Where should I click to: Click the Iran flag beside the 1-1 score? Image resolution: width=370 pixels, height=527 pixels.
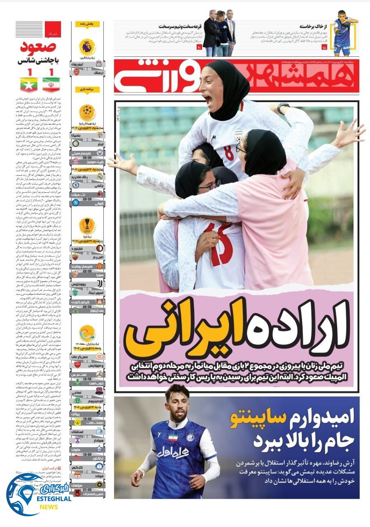(x=51, y=84)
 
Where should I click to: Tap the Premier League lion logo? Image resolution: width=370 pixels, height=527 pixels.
(x=87, y=47)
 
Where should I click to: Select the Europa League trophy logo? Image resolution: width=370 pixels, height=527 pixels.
(x=87, y=226)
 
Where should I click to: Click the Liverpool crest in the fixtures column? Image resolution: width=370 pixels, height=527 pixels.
(x=100, y=64)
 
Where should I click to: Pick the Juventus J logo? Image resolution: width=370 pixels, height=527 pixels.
(x=100, y=283)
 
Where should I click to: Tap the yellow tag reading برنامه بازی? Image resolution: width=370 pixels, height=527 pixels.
(x=87, y=89)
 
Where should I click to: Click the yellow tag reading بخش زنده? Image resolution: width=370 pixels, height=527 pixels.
(x=87, y=24)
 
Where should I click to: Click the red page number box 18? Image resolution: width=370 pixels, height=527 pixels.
(x=324, y=48)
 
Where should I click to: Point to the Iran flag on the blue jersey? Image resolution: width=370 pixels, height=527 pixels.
(x=173, y=437)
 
